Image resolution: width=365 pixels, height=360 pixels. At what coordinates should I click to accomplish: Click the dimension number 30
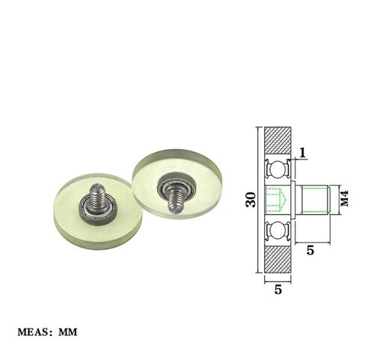coord(251,200)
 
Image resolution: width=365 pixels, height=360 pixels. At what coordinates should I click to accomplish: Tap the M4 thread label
coord(345,198)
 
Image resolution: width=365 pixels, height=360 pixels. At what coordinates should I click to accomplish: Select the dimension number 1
coord(302,153)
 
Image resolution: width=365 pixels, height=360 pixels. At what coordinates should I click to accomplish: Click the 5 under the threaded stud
coord(310,250)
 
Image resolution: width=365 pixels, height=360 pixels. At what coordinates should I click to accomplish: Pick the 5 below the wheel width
coord(278,290)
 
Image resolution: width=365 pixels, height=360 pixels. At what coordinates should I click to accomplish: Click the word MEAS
coord(34,332)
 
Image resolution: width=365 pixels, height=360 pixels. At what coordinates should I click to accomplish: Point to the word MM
coord(68,332)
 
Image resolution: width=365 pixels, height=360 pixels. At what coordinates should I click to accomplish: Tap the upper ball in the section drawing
coord(277,169)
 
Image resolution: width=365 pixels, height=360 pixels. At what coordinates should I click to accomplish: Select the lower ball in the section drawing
coord(277,230)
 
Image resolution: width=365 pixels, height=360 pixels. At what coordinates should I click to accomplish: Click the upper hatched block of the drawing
coord(277,142)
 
